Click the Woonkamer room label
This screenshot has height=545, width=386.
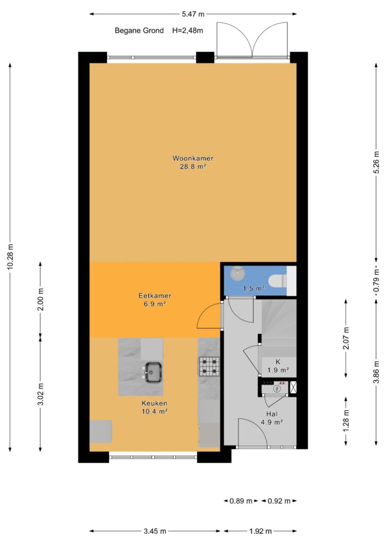pyautogui.click(x=193, y=159)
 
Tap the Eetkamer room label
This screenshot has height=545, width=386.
pyautogui.click(x=155, y=296)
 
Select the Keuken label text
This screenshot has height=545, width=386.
pyautogui.click(x=154, y=403)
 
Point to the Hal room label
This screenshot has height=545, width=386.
pyautogui.click(x=272, y=414)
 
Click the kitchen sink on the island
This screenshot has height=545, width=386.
pyautogui.click(x=153, y=372)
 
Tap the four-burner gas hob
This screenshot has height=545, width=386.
pyautogui.click(x=209, y=367)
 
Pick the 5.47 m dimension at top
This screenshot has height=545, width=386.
pyautogui.click(x=193, y=14)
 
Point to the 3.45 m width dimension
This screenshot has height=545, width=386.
pyautogui.click(x=155, y=531)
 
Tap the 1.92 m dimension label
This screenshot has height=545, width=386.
pyautogui.click(x=260, y=531)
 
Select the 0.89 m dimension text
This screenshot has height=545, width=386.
pyautogui.click(x=241, y=501)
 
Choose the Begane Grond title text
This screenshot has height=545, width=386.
pyautogui.click(x=139, y=30)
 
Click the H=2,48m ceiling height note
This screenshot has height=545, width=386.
pyautogui.click(x=188, y=30)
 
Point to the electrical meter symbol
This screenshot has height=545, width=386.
pyautogui.click(x=277, y=389)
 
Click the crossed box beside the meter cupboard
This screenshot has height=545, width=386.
pyautogui.click(x=293, y=387)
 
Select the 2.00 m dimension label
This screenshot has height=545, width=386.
pyautogui.click(x=41, y=299)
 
